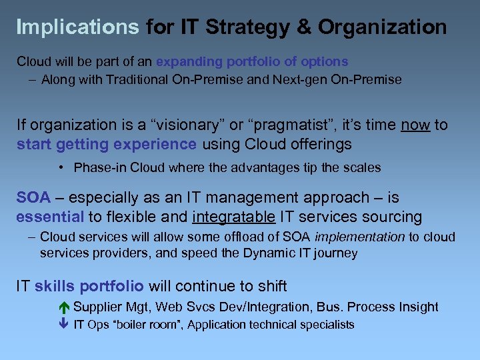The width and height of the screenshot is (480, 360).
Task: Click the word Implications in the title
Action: pyautogui.click(x=77, y=27)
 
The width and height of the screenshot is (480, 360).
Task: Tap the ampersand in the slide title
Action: pyautogui.click(x=303, y=27)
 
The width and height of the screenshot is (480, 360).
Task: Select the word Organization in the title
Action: pyautogui.click(x=382, y=27)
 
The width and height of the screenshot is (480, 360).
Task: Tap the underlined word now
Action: pyautogui.click(x=415, y=125)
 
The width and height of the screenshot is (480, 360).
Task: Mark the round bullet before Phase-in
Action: pyautogui.click(x=60, y=167)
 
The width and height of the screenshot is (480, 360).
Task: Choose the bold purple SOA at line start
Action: pyautogui.click(x=33, y=197)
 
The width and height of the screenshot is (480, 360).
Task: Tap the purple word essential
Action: pyautogui.click(x=50, y=217)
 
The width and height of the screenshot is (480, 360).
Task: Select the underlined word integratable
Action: pyautogui.click(x=233, y=217)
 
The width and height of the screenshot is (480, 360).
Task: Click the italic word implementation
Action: pyautogui.click(x=359, y=237)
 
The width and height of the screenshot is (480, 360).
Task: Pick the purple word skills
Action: pyautogui.click(x=54, y=287)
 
